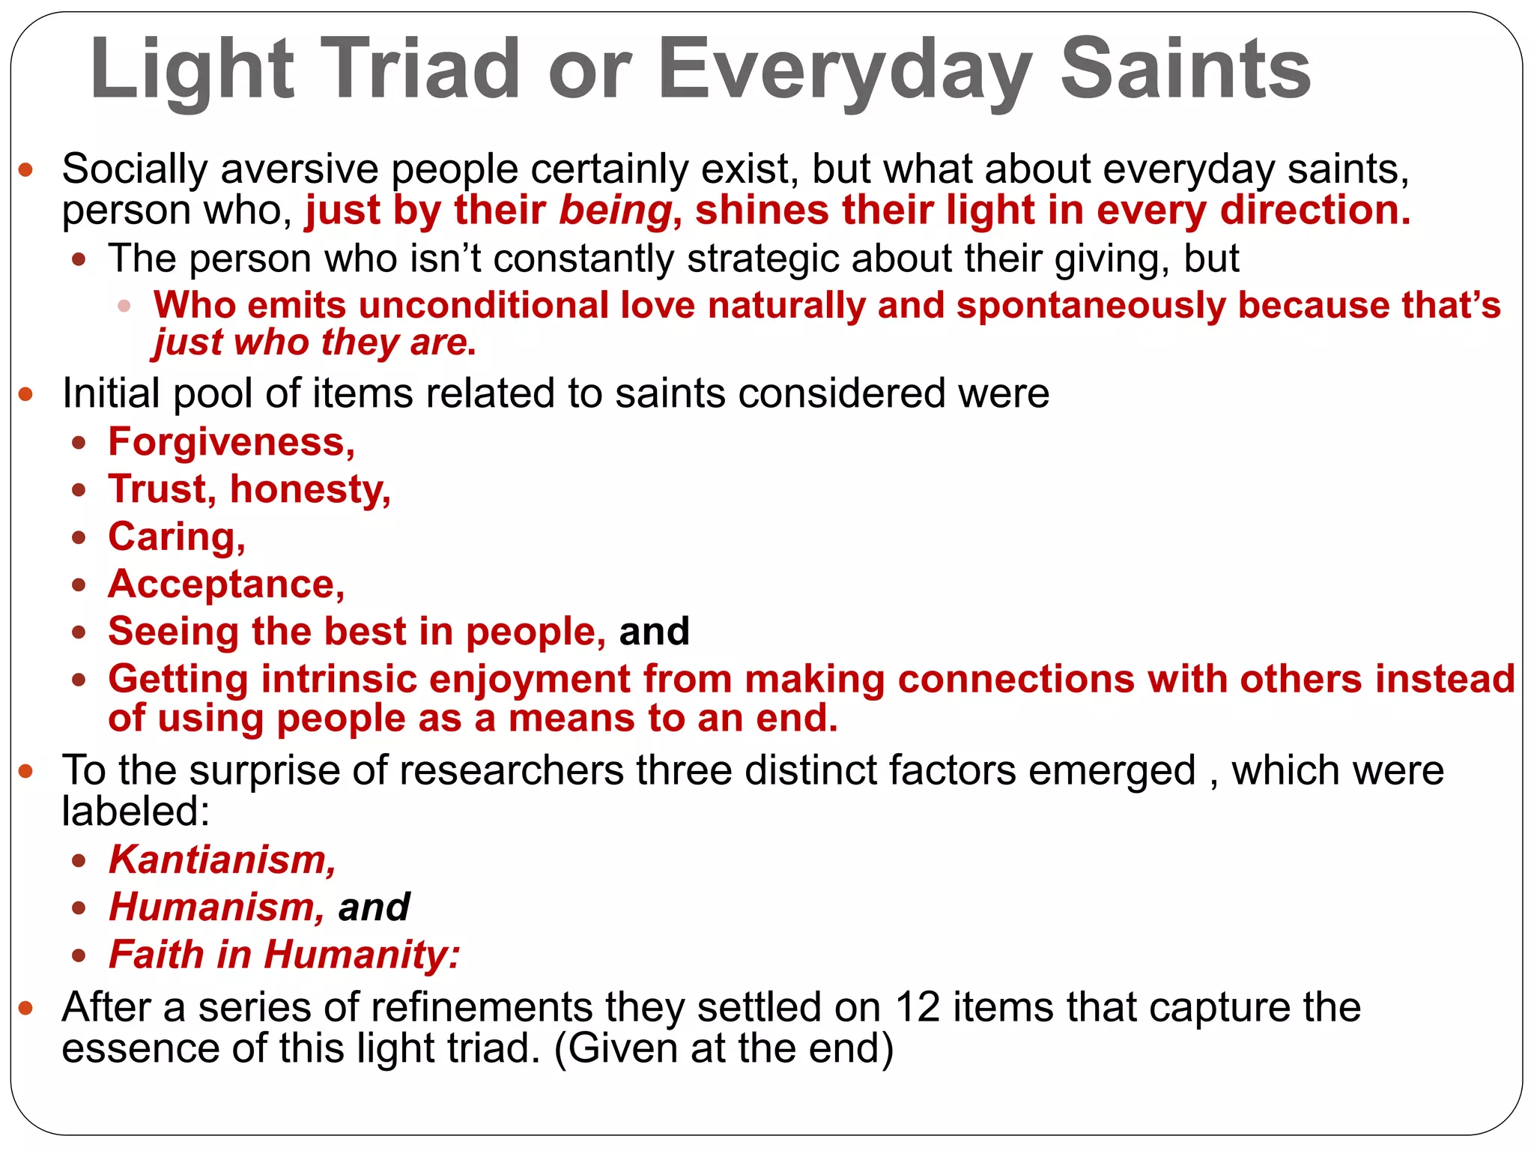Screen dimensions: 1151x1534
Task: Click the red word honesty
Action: point(310,489)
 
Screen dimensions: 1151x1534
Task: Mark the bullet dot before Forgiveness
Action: point(79,443)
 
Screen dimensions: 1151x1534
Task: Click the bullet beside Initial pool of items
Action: point(26,394)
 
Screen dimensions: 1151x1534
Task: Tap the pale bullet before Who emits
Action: point(124,306)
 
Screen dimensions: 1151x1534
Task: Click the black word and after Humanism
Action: point(374,907)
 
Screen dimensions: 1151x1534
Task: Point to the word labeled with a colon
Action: point(136,811)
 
